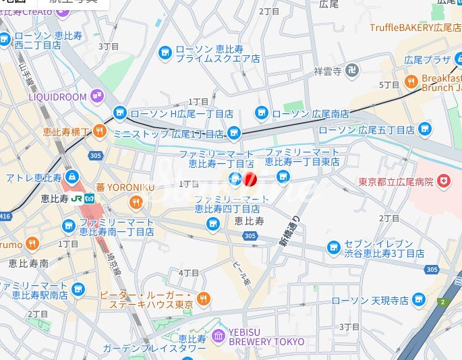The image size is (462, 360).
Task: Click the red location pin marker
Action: pos(250,179)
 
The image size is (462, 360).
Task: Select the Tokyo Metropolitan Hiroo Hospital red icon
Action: pos(443,181)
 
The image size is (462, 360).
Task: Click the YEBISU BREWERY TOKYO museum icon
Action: pos(218,336)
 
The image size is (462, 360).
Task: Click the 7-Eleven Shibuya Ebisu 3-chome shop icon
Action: pos(333,247)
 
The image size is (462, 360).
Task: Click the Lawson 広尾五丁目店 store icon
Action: pos(424,129)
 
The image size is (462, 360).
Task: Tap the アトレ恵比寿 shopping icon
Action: pos(71,177)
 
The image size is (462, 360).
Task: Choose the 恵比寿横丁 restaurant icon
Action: pos(100,131)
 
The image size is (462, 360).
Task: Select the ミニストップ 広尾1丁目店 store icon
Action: pos(234,133)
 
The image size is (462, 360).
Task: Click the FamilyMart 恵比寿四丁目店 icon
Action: pos(213,223)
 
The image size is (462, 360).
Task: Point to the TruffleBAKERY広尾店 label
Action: pos(415,28)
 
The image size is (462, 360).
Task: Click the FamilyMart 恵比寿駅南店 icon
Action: pos(78,289)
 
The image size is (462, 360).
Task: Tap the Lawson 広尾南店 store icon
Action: pos(262,113)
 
